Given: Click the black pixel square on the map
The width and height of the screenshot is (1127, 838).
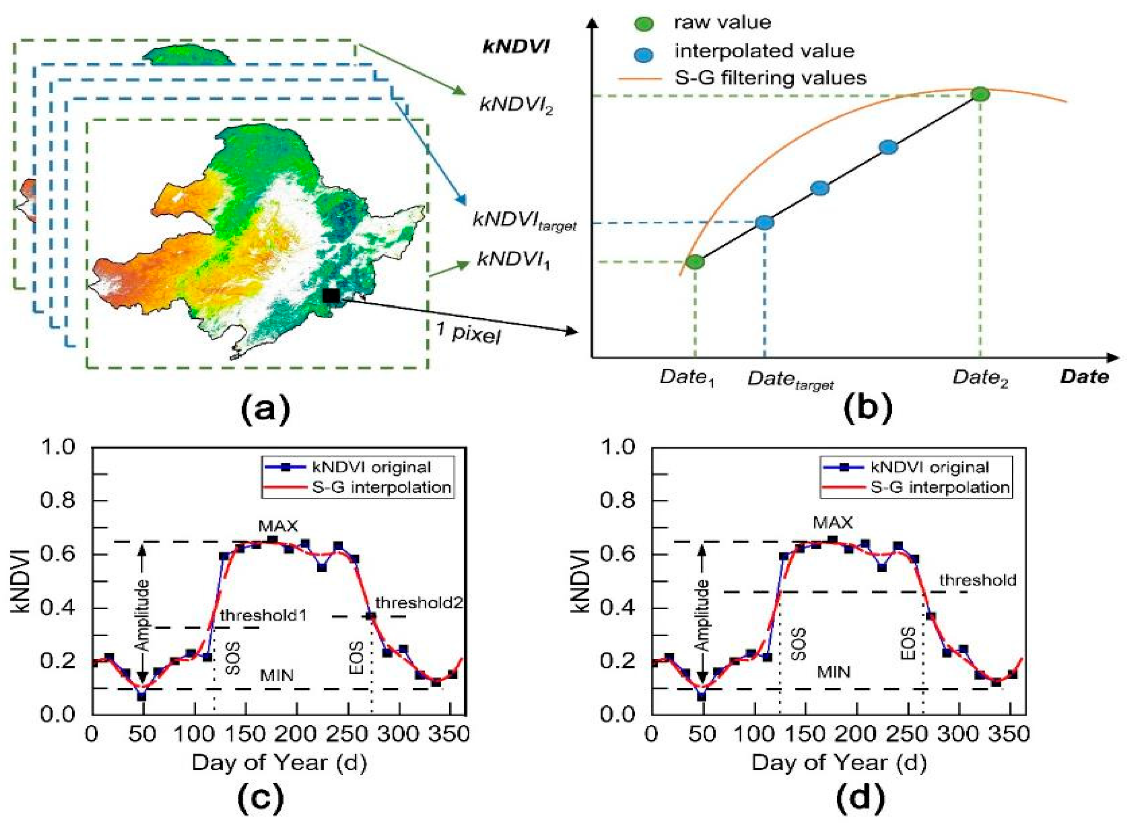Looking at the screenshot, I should click(x=331, y=295).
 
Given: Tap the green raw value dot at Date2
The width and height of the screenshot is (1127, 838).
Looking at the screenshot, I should click(x=980, y=94).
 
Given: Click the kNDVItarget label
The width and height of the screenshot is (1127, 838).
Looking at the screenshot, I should click(x=524, y=221).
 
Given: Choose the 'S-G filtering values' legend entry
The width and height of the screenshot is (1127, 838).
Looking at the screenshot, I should click(x=770, y=78).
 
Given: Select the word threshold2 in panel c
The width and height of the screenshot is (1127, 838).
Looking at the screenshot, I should click(x=419, y=603).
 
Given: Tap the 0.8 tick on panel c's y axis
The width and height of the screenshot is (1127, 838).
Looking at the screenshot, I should click(x=57, y=501).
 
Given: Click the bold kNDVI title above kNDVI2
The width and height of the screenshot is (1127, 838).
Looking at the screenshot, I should click(x=516, y=47).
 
